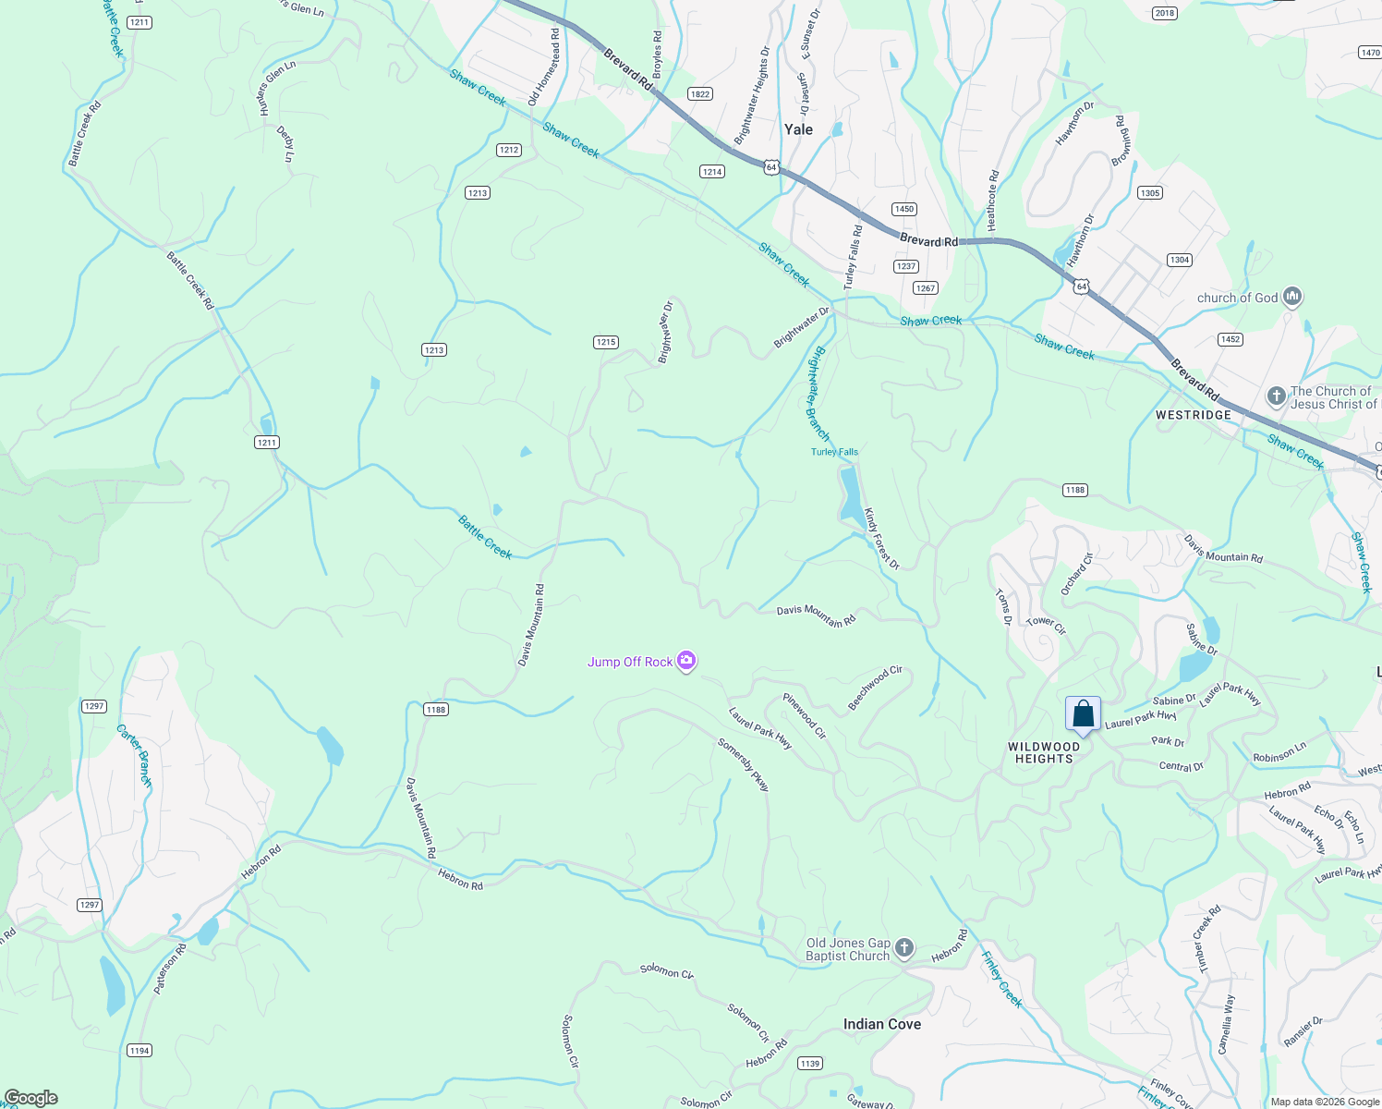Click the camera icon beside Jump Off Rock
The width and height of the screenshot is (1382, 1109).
[x=685, y=661]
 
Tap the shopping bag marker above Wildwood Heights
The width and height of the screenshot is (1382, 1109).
[x=1083, y=714]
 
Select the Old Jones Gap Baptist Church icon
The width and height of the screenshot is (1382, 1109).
[x=904, y=948]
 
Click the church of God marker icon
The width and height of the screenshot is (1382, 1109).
[x=1292, y=297]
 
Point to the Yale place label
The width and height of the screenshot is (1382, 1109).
[x=798, y=129]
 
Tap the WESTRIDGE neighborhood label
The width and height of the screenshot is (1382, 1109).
[x=1194, y=415]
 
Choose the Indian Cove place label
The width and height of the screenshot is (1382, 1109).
[x=881, y=1024]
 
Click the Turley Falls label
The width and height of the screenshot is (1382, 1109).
[x=834, y=452]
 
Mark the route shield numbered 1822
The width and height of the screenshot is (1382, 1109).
[x=699, y=94]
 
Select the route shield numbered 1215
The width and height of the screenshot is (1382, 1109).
[x=605, y=342]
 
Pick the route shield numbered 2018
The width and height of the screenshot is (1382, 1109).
[x=1165, y=13]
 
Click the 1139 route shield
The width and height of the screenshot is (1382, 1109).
[x=809, y=1064]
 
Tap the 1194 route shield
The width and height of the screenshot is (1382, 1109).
[x=139, y=1051]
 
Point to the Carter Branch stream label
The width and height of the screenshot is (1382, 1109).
[x=134, y=755]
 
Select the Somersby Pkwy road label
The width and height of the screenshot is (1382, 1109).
[x=744, y=764]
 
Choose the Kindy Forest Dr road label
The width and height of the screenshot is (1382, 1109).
[x=881, y=539]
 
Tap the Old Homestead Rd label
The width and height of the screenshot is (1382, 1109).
[x=544, y=67]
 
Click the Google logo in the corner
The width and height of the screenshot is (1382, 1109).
[x=31, y=1098]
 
